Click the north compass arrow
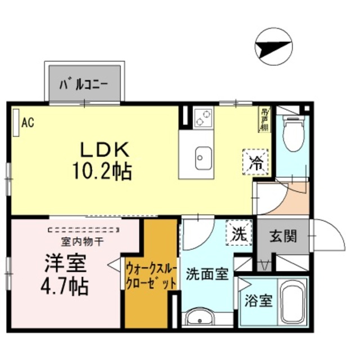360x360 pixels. [274, 46]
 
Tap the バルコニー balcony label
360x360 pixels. [85, 85]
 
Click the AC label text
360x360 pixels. [28, 121]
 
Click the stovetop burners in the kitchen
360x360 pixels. [202, 118]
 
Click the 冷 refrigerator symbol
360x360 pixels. [256, 163]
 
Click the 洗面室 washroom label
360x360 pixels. [207, 274]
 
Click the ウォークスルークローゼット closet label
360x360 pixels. [150, 275]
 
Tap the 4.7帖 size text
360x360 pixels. [65, 286]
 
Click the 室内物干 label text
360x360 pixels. [82, 242]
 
